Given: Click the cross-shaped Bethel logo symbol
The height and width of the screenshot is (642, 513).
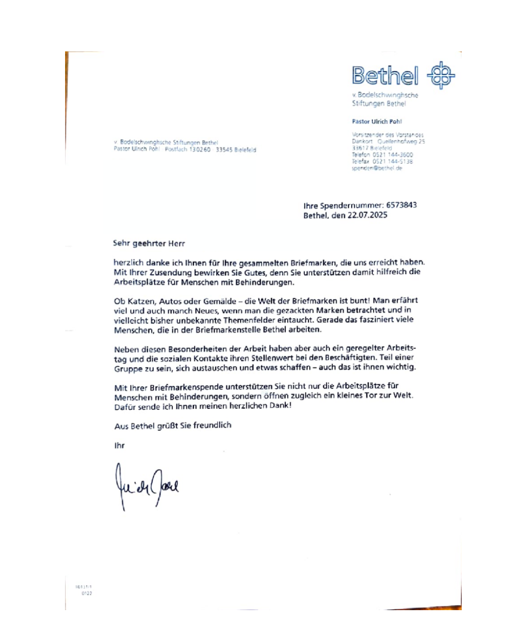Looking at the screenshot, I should click(441, 75).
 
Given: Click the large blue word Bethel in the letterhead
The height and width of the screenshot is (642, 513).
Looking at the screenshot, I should click(385, 76).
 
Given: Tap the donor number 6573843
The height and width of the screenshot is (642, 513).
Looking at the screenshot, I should click(401, 205).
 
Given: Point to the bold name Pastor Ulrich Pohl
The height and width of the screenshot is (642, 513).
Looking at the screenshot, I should click(377, 121).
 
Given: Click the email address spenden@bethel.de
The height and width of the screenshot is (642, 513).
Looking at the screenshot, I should click(377, 168).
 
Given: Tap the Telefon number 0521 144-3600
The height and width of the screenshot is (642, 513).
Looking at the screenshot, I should click(393, 155).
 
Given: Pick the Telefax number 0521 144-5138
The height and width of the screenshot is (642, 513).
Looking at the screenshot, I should click(393, 161).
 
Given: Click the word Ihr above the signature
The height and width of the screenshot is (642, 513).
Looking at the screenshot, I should click(119, 446).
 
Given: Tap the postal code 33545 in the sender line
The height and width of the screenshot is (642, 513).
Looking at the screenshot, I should click(224, 150).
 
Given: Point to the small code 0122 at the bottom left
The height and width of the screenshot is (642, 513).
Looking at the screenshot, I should click(86, 593).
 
